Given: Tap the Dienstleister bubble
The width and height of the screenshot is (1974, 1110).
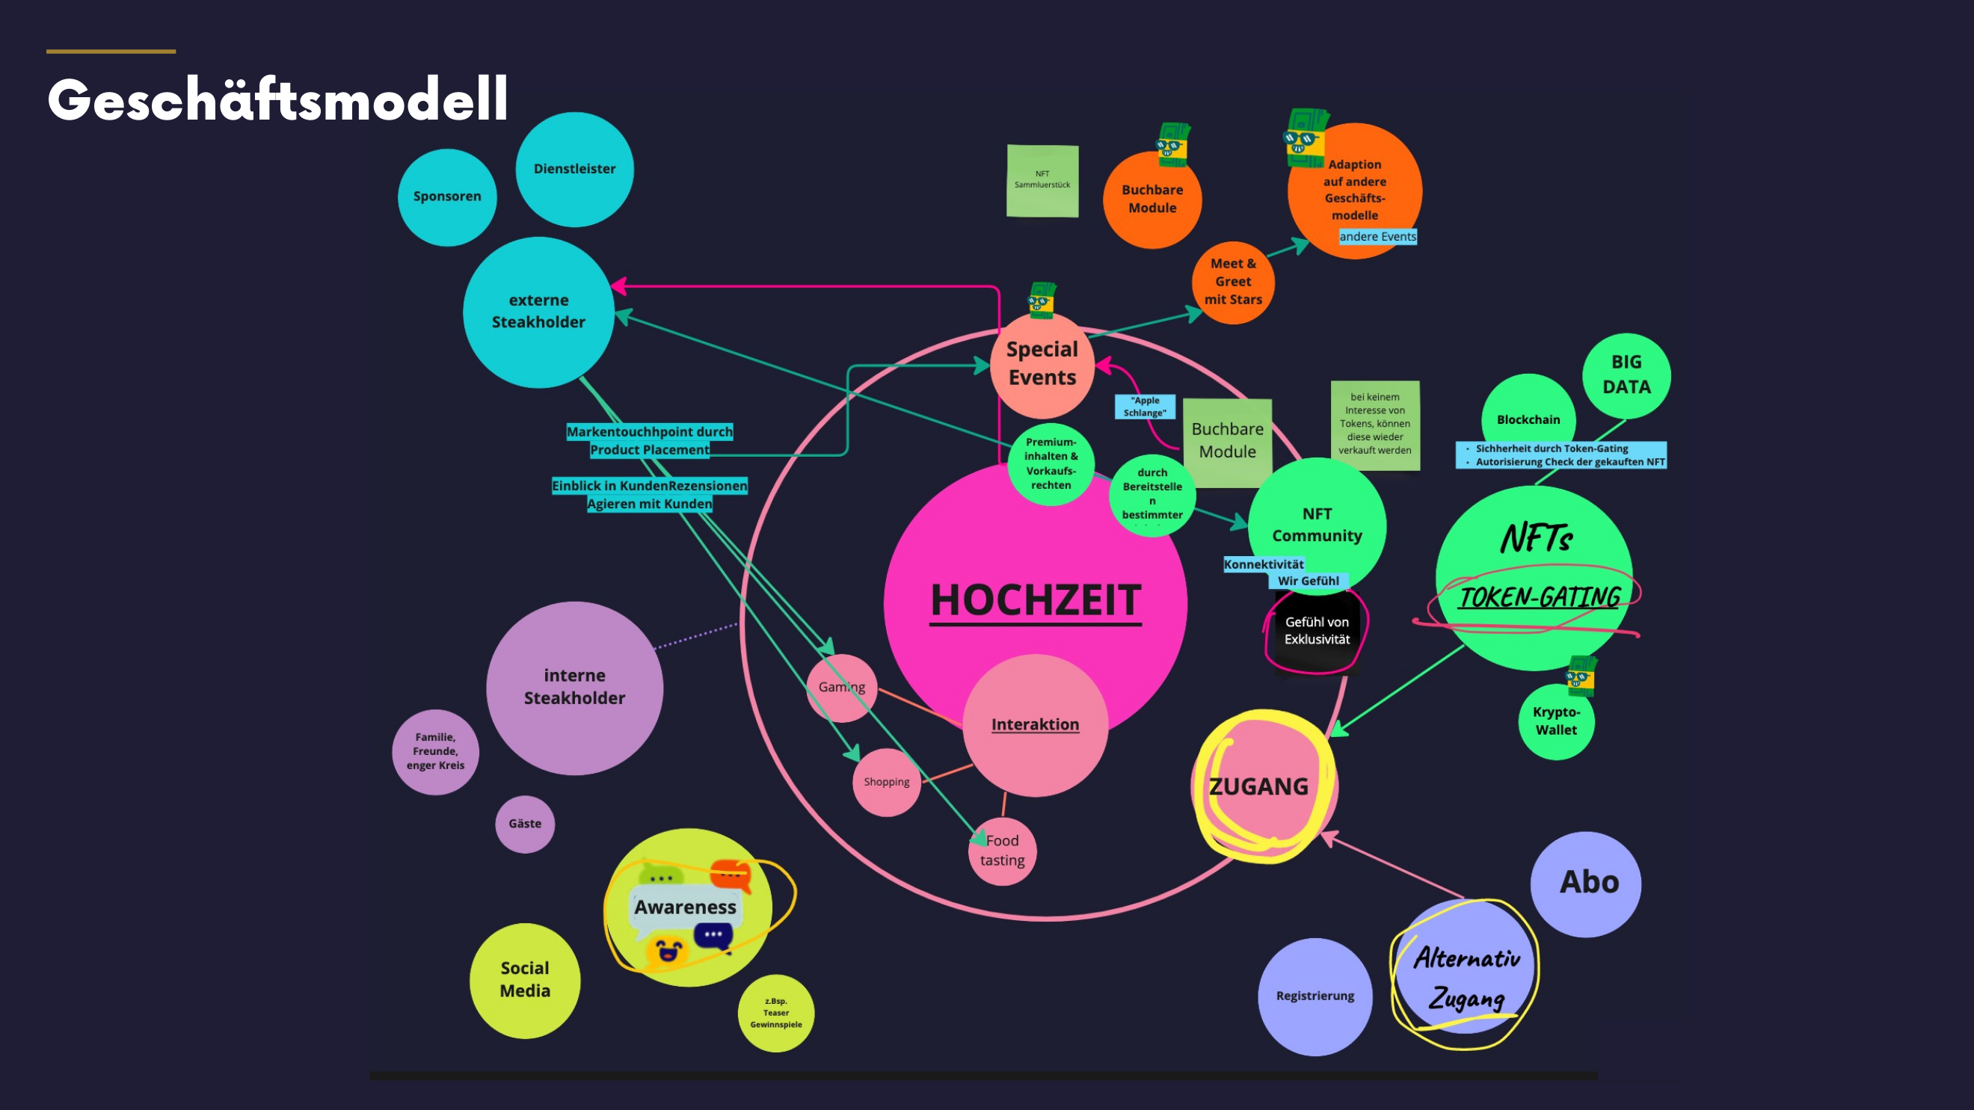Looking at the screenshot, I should click(x=574, y=169).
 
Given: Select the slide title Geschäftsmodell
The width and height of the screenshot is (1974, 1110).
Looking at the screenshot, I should click(x=277, y=99).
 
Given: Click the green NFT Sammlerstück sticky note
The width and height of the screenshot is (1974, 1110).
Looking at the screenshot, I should click(x=1042, y=181).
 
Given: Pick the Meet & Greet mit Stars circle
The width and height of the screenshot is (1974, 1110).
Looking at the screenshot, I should click(x=1232, y=282).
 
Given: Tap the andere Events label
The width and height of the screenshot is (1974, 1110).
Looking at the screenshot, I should click(x=1377, y=237).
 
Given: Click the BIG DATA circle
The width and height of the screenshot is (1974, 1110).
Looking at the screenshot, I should click(x=1626, y=374).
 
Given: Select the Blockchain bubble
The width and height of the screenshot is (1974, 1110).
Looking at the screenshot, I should click(x=1528, y=419).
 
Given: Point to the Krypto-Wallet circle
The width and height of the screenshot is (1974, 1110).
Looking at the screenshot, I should click(x=1555, y=721).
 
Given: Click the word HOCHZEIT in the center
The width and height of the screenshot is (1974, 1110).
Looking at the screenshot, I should click(x=1036, y=599).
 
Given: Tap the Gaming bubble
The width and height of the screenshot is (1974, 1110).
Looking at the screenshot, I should click(x=841, y=687).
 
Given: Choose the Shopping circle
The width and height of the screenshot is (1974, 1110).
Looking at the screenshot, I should click(x=887, y=782).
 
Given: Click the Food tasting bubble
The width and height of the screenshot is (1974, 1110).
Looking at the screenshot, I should click(x=1002, y=851).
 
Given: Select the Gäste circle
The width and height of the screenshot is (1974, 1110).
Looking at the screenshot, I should click(x=525, y=824).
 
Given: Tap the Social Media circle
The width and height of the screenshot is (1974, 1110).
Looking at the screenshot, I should click(x=525, y=980).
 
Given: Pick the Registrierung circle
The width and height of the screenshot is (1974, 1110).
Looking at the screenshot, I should click(x=1315, y=996).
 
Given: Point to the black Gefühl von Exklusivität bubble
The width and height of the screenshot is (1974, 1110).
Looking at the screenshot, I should click(x=1317, y=631).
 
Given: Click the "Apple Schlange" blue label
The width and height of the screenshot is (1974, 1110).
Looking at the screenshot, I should click(x=1145, y=407).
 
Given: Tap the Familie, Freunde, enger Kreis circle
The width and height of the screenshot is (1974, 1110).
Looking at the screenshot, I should click(x=435, y=751).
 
